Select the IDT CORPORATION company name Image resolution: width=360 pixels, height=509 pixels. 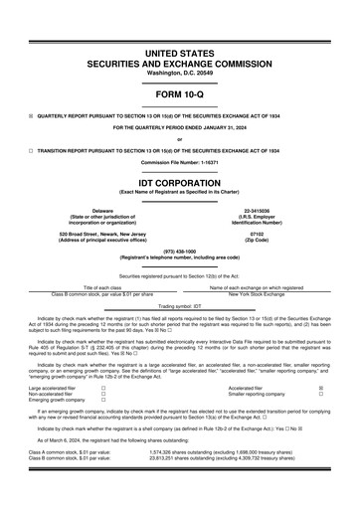(x=180, y=183)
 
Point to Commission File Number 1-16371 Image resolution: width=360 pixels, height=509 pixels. (x=180, y=161)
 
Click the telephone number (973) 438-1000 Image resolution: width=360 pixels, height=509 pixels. (x=180, y=251)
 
